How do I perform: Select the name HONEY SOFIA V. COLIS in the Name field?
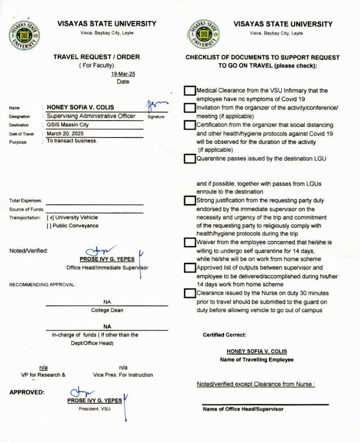tap(80, 108)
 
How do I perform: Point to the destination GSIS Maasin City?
tap(67, 125)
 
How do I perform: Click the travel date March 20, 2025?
tap(65, 133)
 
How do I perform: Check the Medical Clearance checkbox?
tap(190, 91)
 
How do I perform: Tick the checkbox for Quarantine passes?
tap(190, 158)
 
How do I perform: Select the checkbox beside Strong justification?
tap(190, 201)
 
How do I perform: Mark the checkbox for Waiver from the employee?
tap(190, 242)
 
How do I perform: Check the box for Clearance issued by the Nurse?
tap(190, 293)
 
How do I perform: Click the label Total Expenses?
tap(26, 201)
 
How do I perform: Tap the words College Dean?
tap(107, 310)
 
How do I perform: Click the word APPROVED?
tap(27, 392)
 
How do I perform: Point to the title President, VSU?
tap(95, 409)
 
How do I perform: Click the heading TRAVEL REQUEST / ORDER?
tap(96, 57)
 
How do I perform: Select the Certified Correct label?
tap(224, 335)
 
